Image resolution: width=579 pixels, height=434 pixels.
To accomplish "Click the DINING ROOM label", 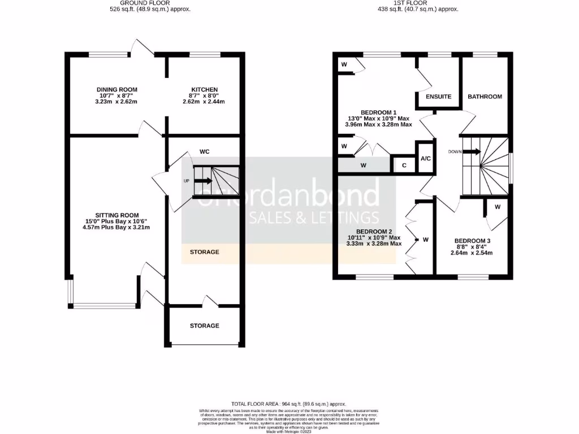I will [x=117, y=89].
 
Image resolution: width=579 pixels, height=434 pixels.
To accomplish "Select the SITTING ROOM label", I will [x=117, y=215].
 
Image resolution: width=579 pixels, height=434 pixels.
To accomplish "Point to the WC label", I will [x=205, y=151].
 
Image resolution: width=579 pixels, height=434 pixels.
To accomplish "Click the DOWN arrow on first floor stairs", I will [x=472, y=151].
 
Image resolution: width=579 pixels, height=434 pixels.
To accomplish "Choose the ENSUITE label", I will [x=439, y=97].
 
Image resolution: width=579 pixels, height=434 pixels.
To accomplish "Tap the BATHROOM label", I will [x=485, y=97].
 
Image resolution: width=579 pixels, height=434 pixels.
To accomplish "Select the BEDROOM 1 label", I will [x=379, y=112].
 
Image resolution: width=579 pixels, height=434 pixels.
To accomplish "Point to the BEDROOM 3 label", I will [x=472, y=240].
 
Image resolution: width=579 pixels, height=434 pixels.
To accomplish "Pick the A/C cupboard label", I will [x=425, y=158].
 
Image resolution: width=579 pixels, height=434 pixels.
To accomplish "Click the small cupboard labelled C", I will [x=404, y=165].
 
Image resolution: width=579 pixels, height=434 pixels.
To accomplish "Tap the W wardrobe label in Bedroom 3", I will [x=498, y=207].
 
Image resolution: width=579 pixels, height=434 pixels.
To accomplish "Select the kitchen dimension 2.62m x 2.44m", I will [x=204, y=102].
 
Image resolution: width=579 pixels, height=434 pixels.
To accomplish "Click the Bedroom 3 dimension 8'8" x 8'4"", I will [x=472, y=246].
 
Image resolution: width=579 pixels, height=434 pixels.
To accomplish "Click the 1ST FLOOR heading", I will [x=411, y=3].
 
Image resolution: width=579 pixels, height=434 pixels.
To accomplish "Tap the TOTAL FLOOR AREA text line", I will [x=289, y=404].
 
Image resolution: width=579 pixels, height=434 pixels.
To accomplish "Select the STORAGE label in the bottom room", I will [x=204, y=325].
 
